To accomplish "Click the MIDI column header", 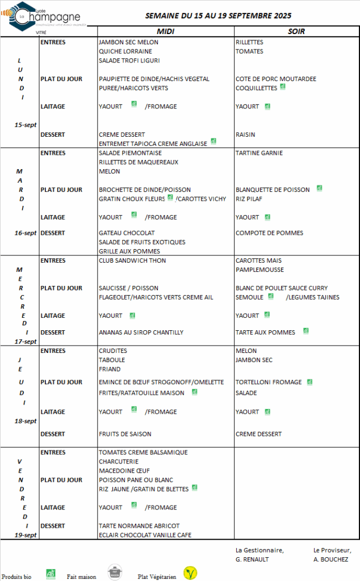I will click(165, 31).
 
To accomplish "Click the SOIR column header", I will click(296, 31).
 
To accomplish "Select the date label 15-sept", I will click(26, 125).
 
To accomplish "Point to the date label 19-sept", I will click(26, 535).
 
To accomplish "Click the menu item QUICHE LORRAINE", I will click(125, 51).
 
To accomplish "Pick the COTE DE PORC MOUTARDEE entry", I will click(276, 79).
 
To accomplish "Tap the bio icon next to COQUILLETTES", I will click(283, 87).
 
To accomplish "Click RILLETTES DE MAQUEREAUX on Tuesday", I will click(139, 162).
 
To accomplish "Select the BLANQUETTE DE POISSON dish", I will click(273, 190).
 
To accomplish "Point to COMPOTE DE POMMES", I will click(269, 233).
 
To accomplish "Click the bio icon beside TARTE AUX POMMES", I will click(305, 331).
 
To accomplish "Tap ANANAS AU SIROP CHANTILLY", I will click(141, 332).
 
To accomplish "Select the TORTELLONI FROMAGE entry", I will click(269, 382).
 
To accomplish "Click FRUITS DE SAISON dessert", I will click(125, 434).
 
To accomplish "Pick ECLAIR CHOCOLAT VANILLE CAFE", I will click(145, 535).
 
